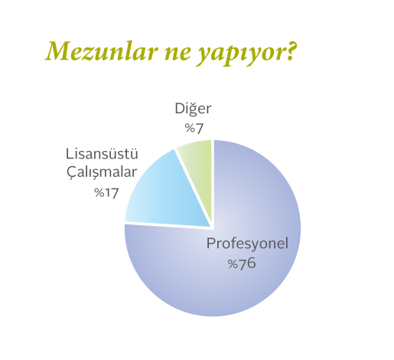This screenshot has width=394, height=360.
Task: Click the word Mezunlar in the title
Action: tap(101, 51)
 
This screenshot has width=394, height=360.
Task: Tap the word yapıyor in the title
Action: tap(242, 54)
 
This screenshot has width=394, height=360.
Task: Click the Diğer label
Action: tap(193, 109)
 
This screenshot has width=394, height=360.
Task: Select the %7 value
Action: tap(194, 128)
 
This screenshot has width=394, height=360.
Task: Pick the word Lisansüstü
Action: tap(102, 154)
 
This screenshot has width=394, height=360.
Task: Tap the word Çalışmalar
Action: tap(102, 172)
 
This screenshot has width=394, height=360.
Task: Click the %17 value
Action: tap(106, 193)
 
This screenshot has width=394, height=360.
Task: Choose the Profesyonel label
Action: tap(247, 244)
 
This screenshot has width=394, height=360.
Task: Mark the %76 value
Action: tap(242, 263)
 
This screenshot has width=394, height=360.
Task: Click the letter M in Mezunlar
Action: tap(58, 51)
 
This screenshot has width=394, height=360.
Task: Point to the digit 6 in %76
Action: tap(251, 263)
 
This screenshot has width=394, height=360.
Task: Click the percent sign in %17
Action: tap(99, 193)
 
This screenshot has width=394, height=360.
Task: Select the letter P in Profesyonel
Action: tap(211, 244)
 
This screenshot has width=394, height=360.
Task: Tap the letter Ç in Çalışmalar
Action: tap(72, 173)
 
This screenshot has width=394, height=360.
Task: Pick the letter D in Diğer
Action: tap(180, 109)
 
